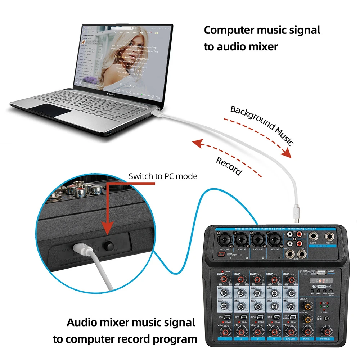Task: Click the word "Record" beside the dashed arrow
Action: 229,166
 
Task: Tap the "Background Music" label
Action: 262,125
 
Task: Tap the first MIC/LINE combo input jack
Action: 224,238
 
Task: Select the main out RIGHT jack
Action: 329,237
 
